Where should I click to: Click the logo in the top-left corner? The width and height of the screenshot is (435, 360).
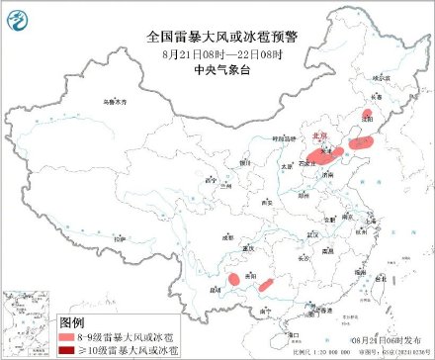[16, 15]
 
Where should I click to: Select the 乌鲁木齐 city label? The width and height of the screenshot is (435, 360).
[116, 102]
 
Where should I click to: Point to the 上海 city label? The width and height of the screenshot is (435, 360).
[372, 221]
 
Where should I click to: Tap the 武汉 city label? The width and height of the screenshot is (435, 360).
[313, 233]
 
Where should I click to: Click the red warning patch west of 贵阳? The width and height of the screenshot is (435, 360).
[234, 280]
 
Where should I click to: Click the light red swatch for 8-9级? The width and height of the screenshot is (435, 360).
[70, 337]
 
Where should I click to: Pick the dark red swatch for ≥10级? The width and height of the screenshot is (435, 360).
[70, 350]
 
